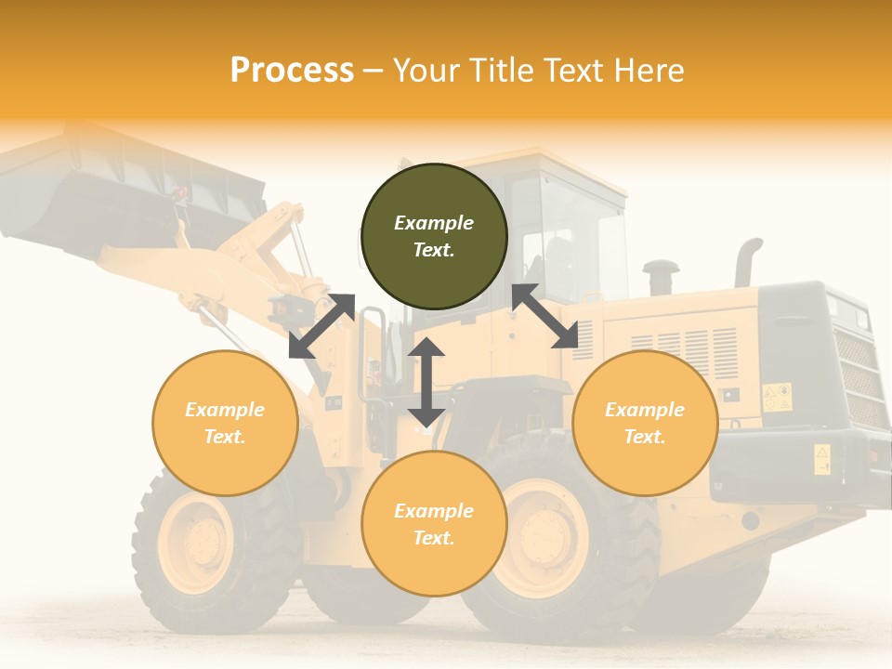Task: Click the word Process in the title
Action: [292, 71]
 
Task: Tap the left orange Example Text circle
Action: [225, 423]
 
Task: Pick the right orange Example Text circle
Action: [645, 423]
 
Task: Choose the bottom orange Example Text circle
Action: [434, 523]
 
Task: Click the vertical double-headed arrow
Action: [426, 382]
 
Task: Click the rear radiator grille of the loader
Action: [857, 376]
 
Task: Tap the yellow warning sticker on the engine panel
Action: [777, 397]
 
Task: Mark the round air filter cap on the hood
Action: [661, 276]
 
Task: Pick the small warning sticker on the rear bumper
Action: [822, 459]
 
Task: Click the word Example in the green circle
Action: [434, 223]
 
